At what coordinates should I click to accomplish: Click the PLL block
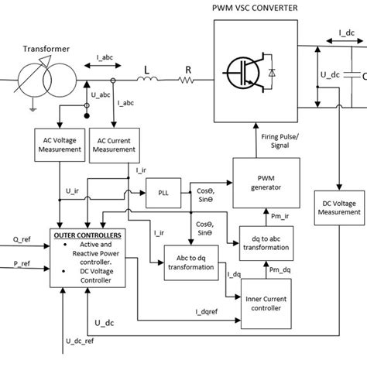click(x=161, y=191)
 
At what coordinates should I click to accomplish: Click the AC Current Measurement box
click(x=113, y=144)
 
